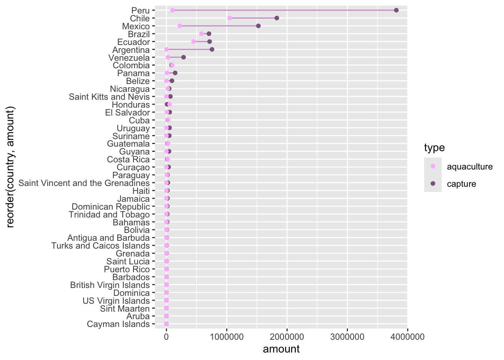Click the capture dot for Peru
(x=396, y=10)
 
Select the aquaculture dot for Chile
(x=230, y=18)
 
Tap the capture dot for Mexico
(x=258, y=26)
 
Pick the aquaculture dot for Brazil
(x=202, y=34)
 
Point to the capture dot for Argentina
(x=212, y=49)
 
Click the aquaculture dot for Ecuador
(x=193, y=42)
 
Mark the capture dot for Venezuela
(x=183, y=57)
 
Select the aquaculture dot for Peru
(x=172, y=10)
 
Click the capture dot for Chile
(x=277, y=18)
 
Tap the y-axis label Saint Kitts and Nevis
(x=109, y=97)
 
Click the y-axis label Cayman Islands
(x=118, y=324)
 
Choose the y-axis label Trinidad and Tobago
(x=109, y=214)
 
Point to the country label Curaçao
(x=133, y=167)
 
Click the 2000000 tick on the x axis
(x=287, y=337)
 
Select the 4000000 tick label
(x=408, y=337)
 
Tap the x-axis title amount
(x=281, y=349)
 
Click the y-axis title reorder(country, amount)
(x=10, y=167)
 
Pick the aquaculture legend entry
(x=469, y=166)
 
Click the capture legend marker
(x=433, y=184)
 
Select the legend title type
(x=434, y=148)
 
